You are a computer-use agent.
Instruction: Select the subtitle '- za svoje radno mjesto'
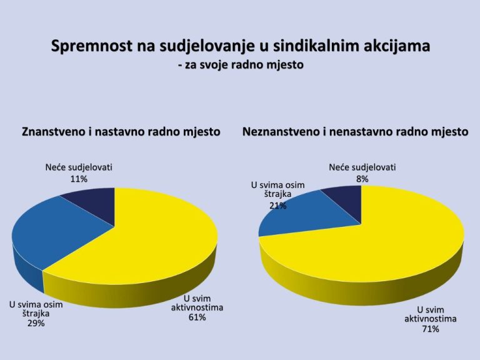click(x=241, y=65)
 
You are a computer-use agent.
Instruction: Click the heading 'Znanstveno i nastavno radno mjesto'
click(x=121, y=132)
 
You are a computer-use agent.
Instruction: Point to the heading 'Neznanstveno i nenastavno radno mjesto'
click(x=356, y=132)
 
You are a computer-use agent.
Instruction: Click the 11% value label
click(x=79, y=179)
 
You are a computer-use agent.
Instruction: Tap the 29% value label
click(x=36, y=323)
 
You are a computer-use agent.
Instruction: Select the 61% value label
click(x=197, y=317)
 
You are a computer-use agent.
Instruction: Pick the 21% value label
click(x=278, y=206)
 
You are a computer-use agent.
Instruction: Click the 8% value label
click(x=362, y=179)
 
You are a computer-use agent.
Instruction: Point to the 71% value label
click(x=431, y=329)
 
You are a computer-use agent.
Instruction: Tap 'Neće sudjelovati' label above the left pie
click(x=79, y=167)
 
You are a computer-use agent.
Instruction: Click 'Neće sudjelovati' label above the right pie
click(x=362, y=167)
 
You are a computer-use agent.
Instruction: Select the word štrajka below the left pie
click(x=36, y=314)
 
